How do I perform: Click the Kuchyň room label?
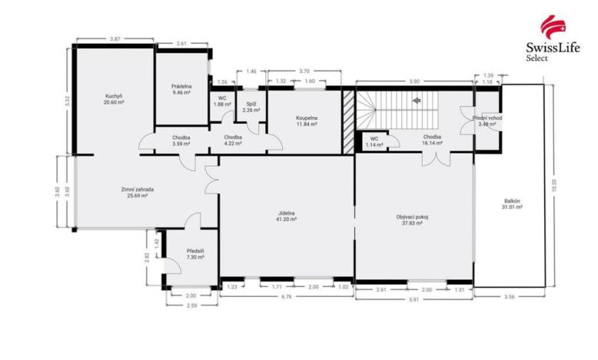(x=115, y=100)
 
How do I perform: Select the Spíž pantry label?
(x=251, y=107)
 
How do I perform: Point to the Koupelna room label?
(x=307, y=121)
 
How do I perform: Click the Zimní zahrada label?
(x=137, y=192)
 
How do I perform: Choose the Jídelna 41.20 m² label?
(x=287, y=216)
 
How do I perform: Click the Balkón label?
(x=512, y=204)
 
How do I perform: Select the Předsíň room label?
(x=195, y=254)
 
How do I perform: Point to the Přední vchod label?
(x=490, y=121)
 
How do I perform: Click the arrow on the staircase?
(x=417, y=100)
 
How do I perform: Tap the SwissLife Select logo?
(x=550, y=38)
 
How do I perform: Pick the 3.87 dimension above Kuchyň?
(x=115, y=38)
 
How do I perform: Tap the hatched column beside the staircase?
(x=348, y=121)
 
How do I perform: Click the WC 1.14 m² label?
(x=374, y=142)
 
